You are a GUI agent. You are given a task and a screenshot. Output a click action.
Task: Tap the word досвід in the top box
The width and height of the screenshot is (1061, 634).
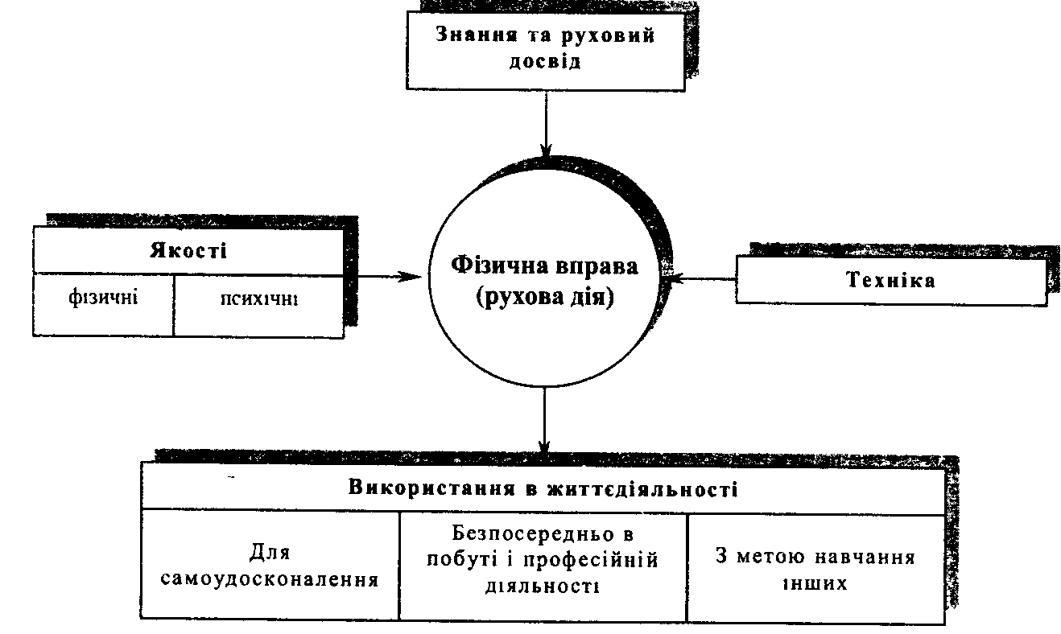click(544, 62)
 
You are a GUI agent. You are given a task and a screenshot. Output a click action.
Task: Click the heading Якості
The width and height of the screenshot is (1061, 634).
click(188, 250)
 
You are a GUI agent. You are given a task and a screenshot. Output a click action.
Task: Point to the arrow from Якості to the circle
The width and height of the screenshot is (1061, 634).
click(386, 277)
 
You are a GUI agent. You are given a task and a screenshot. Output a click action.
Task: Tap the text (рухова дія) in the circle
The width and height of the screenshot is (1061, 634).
click(545, 298)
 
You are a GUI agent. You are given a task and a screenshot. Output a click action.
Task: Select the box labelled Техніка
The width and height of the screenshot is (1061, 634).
click(891, 281)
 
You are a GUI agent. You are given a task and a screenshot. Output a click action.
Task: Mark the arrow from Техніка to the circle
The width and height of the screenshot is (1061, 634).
click(704, 279)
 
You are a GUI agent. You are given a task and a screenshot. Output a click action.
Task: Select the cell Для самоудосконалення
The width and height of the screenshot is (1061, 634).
click(270, 566)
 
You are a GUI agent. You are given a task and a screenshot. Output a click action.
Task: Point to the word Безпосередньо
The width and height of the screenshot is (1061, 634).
click(527, 534)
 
